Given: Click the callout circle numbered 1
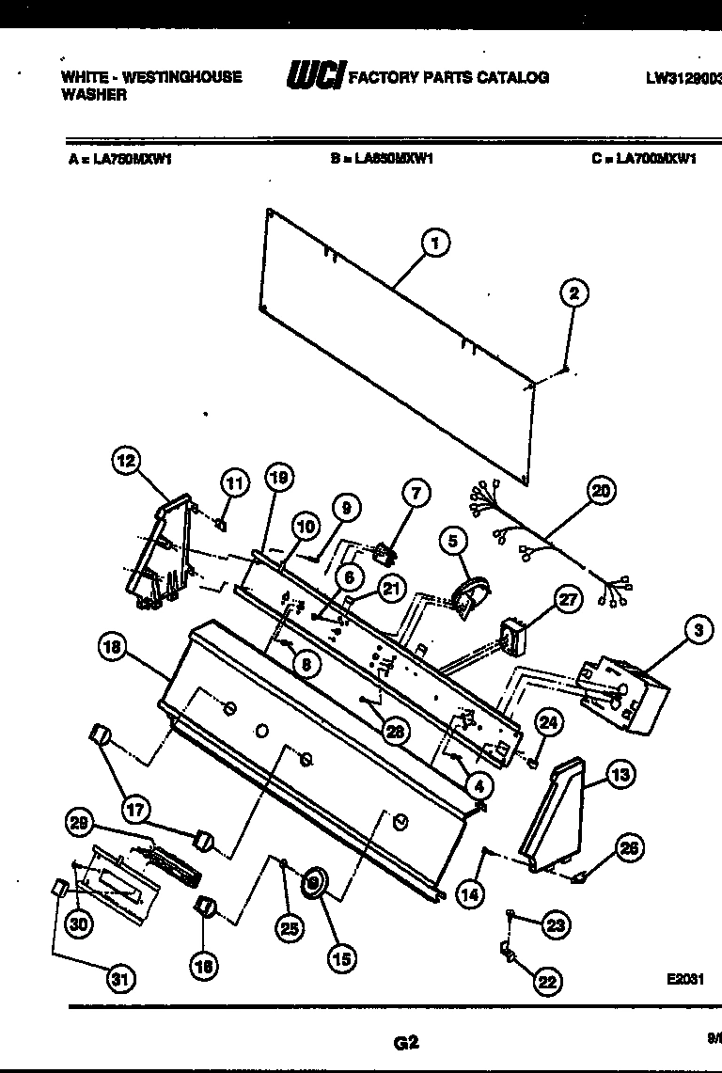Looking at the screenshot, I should (x=433, y=244).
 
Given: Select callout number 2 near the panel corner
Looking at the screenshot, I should (x=573, y=293).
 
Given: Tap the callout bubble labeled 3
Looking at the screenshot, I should (x=698, y=631).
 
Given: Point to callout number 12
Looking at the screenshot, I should (x=125, y=461).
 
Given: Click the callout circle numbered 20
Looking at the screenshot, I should (x=601, y=489).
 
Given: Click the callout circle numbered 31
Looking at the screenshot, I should (x=118, y=979).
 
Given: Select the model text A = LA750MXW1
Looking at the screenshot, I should (x=119, y=159).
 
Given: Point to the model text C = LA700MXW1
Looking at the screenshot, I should (x=644, y=159).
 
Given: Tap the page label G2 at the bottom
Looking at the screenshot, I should (x=405, y=1041).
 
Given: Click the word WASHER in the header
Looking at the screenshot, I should (x=94, y=95).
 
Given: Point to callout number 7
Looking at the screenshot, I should (x=416, y=492).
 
